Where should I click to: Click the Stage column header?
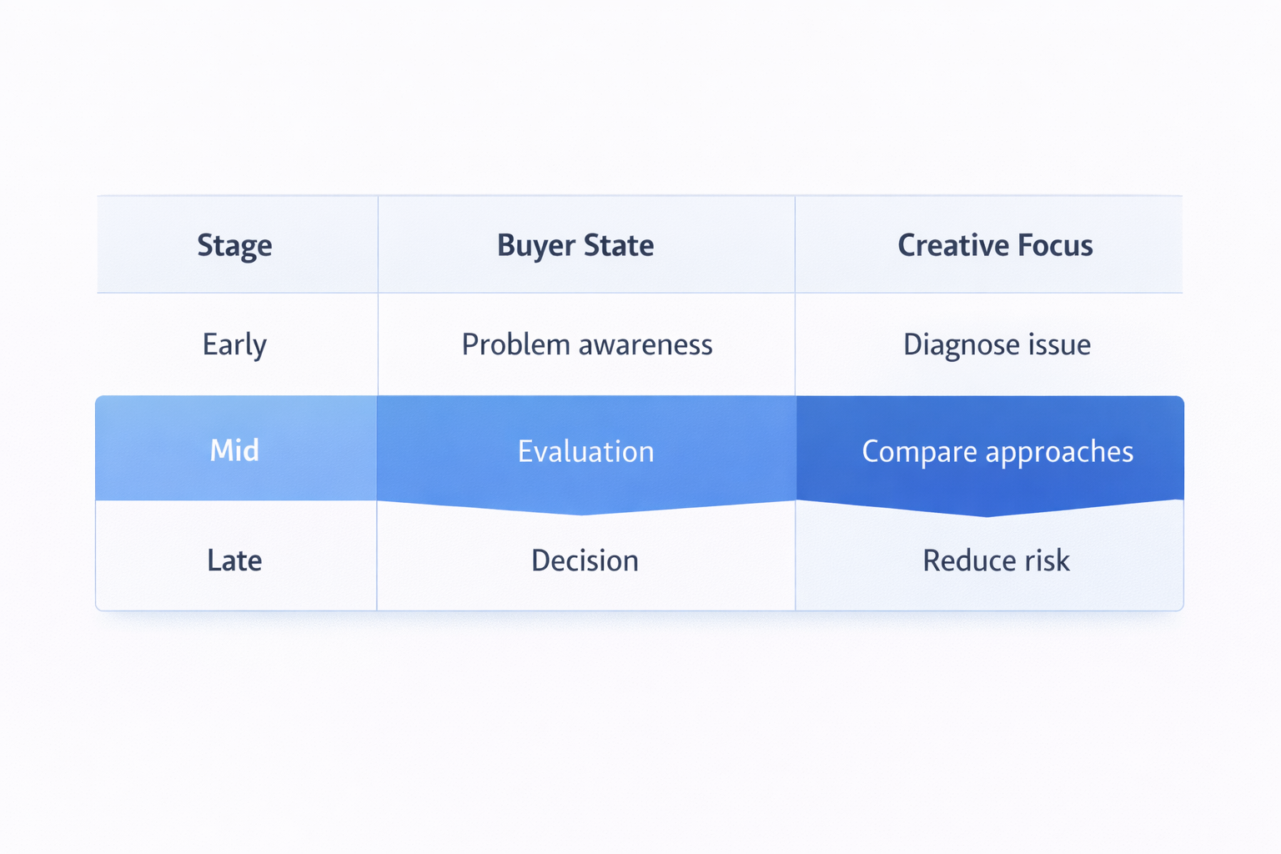(234, 246)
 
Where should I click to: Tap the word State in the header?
(618, 245)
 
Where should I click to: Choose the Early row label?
(234, 345)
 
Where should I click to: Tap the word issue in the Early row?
(1059, 344)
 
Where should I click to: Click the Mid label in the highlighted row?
(234, 450)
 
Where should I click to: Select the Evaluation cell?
(585, 451)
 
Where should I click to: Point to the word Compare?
(919, 452)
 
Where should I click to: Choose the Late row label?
(234, 560)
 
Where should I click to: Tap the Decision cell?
(585, 560)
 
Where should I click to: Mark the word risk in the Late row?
(1047, 560)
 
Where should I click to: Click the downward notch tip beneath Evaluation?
(583, 513)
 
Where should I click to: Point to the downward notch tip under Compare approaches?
(988, 515)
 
